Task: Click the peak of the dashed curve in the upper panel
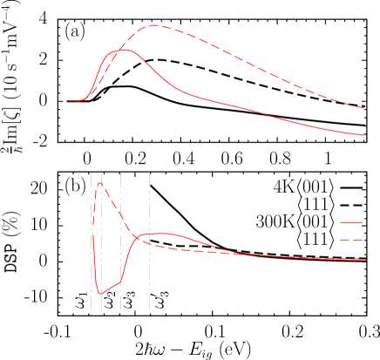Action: [153, 25]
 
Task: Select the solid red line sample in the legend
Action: [350, 223]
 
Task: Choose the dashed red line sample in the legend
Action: [350, 240]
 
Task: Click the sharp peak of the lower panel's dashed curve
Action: [100, 183]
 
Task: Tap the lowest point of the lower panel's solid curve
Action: [100, 294]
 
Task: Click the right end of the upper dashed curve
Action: [364, 108]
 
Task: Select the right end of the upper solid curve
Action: [364, 135]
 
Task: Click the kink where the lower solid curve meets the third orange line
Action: [120, 281]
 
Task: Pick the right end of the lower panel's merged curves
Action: [365, 260]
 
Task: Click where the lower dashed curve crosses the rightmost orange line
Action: [149, 244]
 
